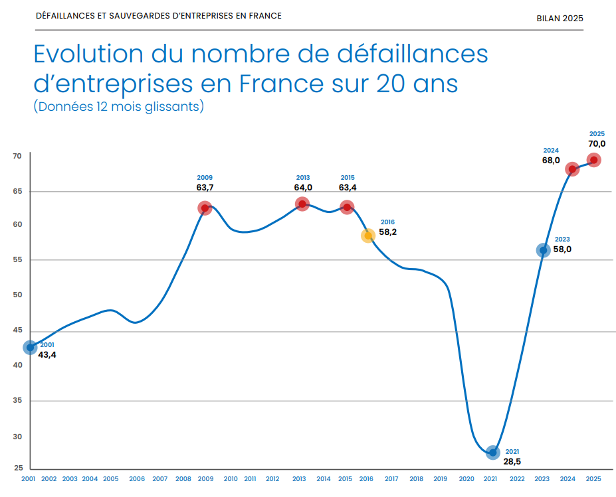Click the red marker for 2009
[205, 208]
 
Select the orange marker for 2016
[368, 236]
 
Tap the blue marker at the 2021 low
[492, 453]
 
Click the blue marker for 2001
[30, 347]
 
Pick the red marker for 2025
[594, 160]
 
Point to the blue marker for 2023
[543, 250]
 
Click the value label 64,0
[302, 188]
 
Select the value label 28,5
[512, 461]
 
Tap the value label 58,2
[387, 232]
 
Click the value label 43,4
[47, 355]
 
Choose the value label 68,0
[551, 160]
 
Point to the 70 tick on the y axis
[17, 156]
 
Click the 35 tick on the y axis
[17, 401]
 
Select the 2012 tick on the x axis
[272, 478]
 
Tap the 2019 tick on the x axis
[440, 478]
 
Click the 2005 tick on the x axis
[110, 478]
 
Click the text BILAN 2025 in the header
[560, 18]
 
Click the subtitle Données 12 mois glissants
[118, 106]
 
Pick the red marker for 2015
[347, 208]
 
